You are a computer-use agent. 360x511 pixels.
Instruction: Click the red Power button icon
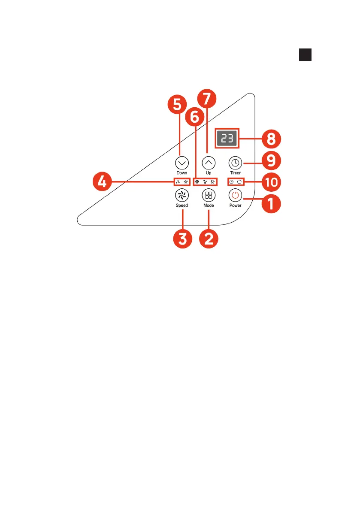coord(235,196)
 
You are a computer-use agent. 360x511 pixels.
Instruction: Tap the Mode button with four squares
coord(209,196)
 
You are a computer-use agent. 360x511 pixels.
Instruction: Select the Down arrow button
coord(182,163)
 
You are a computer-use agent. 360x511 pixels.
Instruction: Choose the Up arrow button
coord(209,163)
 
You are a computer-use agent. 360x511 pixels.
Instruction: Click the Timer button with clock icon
coord(235,163)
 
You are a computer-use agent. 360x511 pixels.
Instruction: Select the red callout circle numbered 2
coord(209,239)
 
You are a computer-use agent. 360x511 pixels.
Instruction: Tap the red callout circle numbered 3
coord(182,239)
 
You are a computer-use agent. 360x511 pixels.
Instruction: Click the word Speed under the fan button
coord(182,206)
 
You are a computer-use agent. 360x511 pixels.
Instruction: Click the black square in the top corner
coord(305,54)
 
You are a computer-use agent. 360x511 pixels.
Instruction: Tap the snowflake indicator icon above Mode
coord(197,182)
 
